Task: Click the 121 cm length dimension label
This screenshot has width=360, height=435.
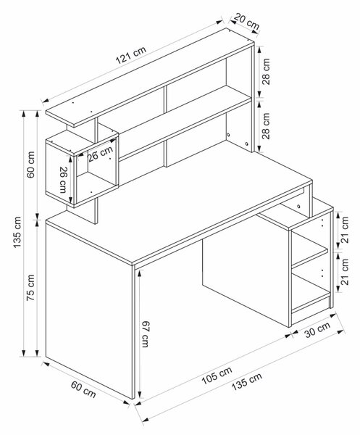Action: pos(131,55)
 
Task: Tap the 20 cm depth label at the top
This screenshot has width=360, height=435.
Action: pos(246,21)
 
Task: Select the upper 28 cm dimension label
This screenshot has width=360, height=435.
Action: pos(266,71)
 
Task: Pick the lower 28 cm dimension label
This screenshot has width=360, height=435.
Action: pos(266,125)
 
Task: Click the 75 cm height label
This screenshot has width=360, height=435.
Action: pos(30,288)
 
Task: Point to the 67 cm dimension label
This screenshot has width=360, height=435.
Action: pos(145,334)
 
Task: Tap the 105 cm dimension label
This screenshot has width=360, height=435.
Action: pos(217,376)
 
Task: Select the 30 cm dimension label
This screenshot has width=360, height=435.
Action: pos(317,329)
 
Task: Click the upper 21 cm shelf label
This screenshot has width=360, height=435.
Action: pos(345,230)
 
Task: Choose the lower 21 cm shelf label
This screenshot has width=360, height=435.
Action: pos(345,272)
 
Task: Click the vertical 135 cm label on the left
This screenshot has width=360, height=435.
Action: pos(17,233)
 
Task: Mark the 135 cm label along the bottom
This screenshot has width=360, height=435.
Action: pos(246,382)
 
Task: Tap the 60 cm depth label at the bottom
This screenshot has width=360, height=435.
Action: pos(83,389)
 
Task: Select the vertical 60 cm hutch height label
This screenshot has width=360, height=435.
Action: pos(30,165)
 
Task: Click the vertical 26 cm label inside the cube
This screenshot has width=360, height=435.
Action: pos(64,180)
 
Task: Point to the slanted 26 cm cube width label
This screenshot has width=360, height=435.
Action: pos(101,154)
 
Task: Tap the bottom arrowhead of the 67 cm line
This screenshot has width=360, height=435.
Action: pos(139,395)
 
